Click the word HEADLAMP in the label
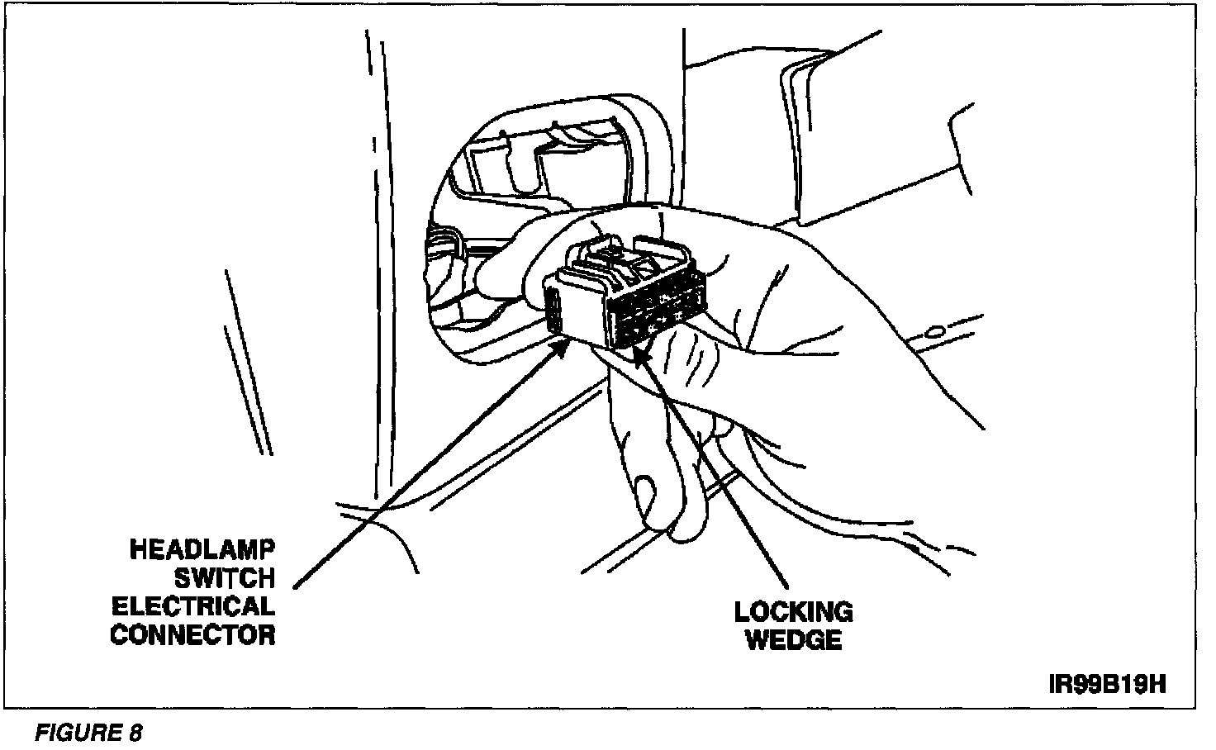(202, 551)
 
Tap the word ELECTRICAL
(193, 607)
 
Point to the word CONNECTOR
(193, 635)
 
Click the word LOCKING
(793, 612)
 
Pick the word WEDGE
(793, 640)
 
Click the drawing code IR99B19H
(1107, 685)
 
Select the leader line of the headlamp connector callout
(430, 467)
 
